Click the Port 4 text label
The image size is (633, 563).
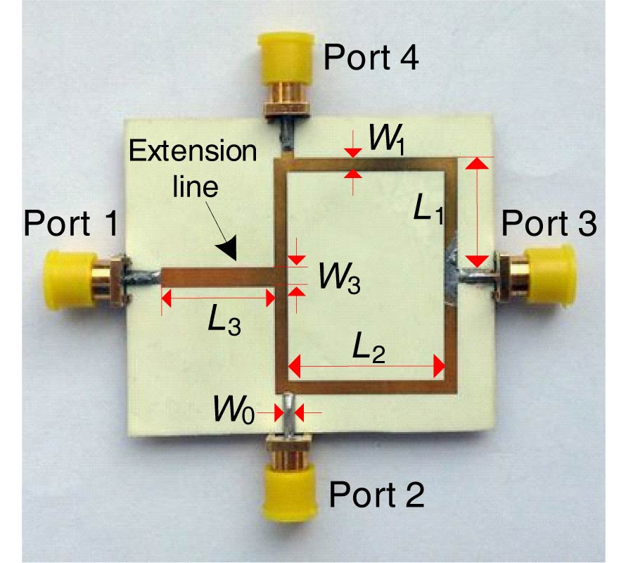371,58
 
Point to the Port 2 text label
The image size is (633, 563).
377,496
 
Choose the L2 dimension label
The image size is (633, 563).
368,348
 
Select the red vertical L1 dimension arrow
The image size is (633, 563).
478,212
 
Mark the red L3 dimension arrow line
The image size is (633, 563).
218,298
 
